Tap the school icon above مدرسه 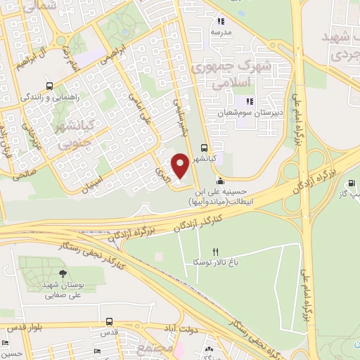pyautogui.click(x=220, y=20)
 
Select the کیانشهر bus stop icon pyautogui.click(x=204, y=148)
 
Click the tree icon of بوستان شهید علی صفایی pyautogui.click(x=64, y=274)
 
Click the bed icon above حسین pyautogui.click(x=6, y=342)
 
